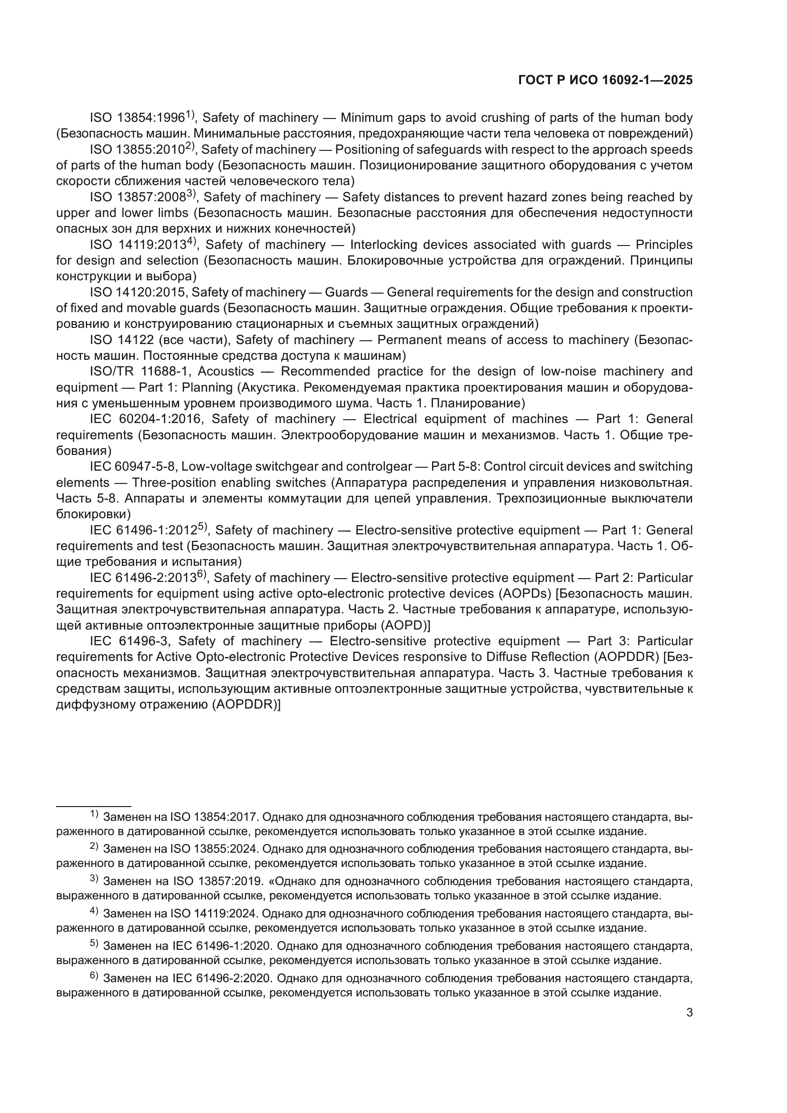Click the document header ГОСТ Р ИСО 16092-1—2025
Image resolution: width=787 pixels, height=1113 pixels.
click(x=605, y=80)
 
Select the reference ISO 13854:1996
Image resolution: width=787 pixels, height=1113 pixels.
click(x=138, y=118)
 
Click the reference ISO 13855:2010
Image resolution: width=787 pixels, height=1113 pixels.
click(x=137, y=150)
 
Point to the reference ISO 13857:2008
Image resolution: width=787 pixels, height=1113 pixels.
click(x=138, y=197)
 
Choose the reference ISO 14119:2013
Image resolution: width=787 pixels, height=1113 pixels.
click(x=138, y=245)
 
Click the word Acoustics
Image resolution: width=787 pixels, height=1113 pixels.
click(x=226, y=371)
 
